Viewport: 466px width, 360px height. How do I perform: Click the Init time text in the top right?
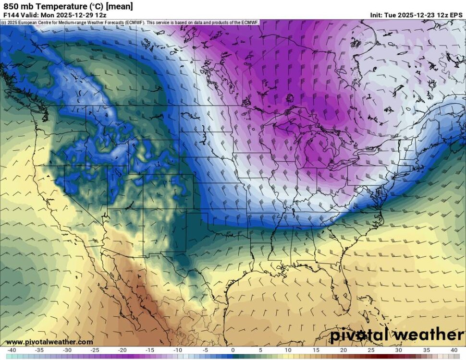tap(416, 15)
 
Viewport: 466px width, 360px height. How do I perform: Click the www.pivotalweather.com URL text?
tap(49, 342)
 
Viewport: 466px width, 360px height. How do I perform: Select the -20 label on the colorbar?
tap(122, 350)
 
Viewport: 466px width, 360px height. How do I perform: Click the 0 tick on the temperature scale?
tap(233, 350)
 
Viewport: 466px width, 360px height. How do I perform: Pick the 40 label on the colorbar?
tap(454, 350)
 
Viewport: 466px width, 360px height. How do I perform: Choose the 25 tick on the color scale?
tap(371, 350)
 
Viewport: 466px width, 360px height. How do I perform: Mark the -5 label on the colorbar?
tap(205, 350)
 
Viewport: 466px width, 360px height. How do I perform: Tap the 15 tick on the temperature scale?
tap(316, 350)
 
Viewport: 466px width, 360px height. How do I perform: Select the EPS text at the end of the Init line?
tap(456, 15)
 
